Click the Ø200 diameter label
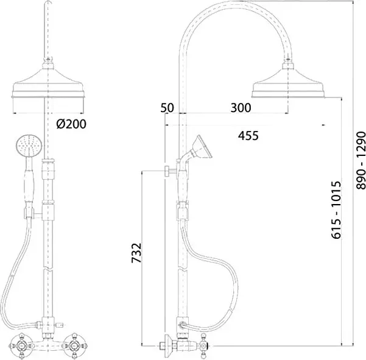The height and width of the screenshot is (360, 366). tap(71, 124)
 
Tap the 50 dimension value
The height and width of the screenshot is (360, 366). tap(167, 108)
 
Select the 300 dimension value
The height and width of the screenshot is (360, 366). tap(241, 108)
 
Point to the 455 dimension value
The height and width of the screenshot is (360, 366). tap(248, 136)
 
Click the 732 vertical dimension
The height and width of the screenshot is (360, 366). tap(136, 253)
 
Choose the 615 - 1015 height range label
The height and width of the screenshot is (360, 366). tap(336, 211)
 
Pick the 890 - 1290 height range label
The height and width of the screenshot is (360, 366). tap(361, 160)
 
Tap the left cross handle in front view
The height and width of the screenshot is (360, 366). tap(21, 345)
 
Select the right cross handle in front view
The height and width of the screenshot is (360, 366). tap(74, 345)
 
